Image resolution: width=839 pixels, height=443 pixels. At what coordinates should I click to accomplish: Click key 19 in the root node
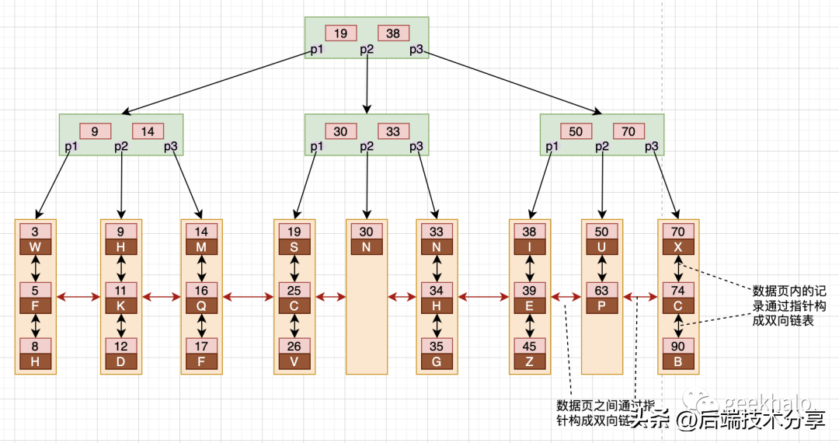coord(340,33)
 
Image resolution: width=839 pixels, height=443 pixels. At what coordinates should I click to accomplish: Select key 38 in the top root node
coord(393,33)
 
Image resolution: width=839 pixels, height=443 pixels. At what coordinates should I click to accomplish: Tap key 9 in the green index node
coord(95,131)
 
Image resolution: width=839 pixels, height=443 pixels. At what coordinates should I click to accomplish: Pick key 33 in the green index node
coord(393,131)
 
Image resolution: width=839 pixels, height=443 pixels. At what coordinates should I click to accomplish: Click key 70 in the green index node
coord(628,131)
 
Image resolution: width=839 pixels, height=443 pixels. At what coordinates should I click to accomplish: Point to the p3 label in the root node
coord(417,50)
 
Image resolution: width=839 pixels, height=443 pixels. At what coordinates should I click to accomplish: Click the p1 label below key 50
coord(552,146)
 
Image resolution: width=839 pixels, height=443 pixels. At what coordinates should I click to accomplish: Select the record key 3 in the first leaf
coord(35,232)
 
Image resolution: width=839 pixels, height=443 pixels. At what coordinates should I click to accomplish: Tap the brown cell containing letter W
coord(35,246)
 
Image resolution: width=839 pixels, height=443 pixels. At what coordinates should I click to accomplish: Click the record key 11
coord(121,291)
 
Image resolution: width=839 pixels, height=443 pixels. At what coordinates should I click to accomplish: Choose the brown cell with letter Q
coord(201,305)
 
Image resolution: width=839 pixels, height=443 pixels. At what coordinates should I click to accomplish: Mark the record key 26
coord(294,346)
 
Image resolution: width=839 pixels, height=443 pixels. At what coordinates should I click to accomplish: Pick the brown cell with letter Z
coord(530,361)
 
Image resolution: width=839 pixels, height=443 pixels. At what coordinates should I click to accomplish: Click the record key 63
coord(602,291)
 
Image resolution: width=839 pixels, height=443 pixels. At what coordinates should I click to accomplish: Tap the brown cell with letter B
coord(678,361)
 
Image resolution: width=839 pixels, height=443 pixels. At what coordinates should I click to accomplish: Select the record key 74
coord(678,291)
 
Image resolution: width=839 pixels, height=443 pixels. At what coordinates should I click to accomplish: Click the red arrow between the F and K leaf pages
coord(81,297)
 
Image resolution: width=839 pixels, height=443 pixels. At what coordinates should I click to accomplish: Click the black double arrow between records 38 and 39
coord(530,268)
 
